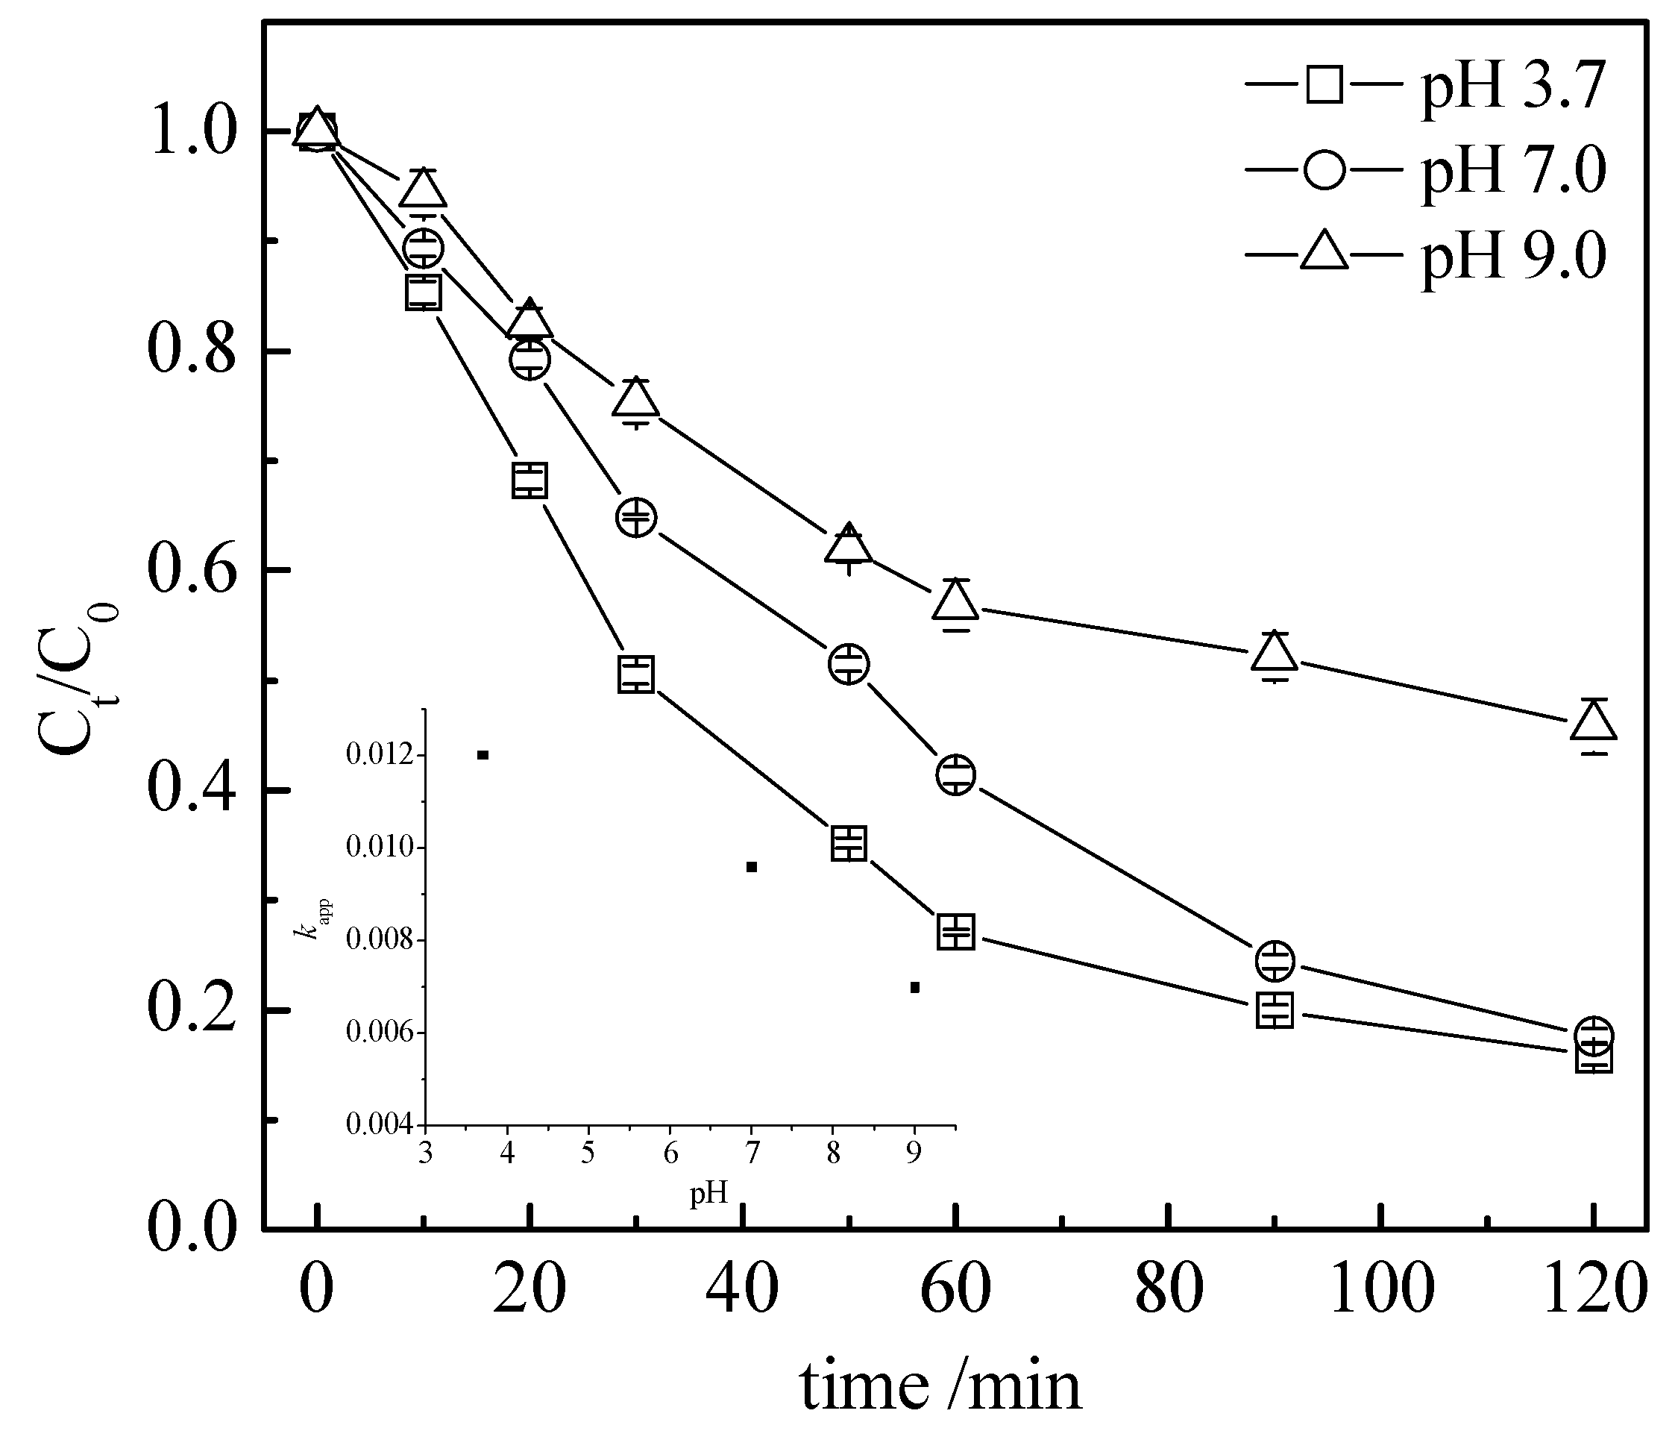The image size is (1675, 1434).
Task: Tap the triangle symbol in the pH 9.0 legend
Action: pyautogui.click(x=1324, y=252)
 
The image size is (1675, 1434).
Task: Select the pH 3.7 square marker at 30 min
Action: pyautogui.click(x=636, y=674)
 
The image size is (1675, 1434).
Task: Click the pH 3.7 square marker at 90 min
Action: pyautogui.click(x=1275, y=1010)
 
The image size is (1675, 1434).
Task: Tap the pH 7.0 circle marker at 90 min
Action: pyautogui.click(x=1275, y=961)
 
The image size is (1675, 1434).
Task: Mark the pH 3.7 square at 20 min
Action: pyautogui.click(x=529, y=480)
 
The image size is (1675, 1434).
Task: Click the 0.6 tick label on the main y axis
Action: pyautogui.click(x=191, y=571)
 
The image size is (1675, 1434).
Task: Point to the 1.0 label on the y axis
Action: pyautogui.click(x=191, y=132)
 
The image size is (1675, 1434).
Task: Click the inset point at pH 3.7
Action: pyautogui.click(x=483, y=754)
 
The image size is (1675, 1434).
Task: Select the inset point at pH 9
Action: pyautogui.click(x=914, y=988)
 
